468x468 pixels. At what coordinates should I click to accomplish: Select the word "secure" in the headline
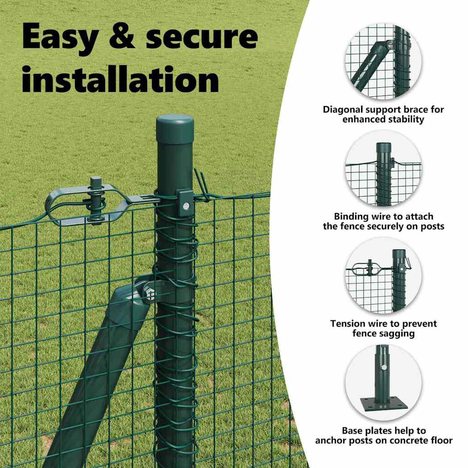coord(202,37)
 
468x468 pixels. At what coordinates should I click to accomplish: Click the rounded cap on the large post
coord(175,128)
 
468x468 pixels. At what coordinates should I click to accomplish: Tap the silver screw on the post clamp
coord(186,206)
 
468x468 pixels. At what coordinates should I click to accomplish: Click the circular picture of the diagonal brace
coord(383,62)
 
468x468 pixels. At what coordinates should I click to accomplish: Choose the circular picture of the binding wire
coord(383,169)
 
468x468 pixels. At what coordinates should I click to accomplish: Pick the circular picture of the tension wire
coord(383,276)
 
